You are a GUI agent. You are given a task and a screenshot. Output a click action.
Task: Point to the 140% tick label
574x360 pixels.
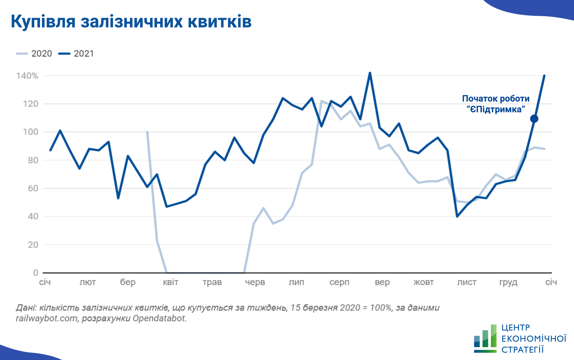click(27, 76)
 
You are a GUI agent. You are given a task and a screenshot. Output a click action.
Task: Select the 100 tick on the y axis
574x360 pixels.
click(31, 132)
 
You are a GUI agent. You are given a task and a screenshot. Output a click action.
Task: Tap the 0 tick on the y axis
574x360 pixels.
click(35, 273)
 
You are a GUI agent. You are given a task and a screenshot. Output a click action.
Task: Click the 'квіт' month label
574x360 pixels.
click(170, 282)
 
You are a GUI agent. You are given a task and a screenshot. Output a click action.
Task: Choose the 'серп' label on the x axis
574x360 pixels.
click(339, 282)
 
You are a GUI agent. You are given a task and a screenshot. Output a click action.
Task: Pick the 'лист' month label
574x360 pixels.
click(467, 282)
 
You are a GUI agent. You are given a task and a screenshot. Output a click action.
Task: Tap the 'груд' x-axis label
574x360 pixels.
click(508, 282)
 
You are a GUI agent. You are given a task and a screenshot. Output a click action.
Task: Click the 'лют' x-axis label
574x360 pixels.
click(88, 282)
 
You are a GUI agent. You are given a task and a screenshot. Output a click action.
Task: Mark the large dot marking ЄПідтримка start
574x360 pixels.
click(534, 119)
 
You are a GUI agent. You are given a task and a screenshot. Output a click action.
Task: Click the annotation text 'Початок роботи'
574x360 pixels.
click(496, 99)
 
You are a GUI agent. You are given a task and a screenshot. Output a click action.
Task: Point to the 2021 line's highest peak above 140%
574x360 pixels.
click(370, 73)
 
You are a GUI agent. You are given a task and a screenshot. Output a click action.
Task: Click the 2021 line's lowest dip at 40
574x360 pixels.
click(457, 216)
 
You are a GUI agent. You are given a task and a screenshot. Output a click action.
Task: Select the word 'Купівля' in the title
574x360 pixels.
click(43, 21)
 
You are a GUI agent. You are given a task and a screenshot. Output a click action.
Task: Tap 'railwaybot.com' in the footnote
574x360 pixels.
click(46, 318)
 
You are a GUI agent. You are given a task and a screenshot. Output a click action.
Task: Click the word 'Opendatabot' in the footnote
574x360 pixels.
click(159, 318)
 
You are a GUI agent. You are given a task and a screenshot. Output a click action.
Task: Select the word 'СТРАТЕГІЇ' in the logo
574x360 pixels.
click(522, 350)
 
